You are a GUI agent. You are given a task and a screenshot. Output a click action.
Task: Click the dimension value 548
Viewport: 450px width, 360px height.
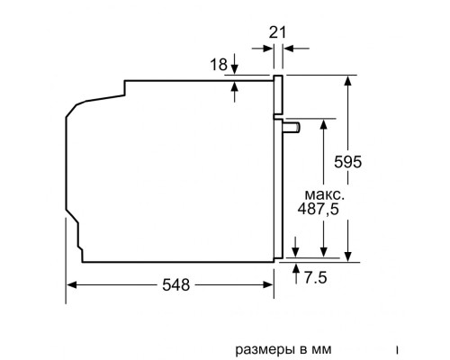[175, 284]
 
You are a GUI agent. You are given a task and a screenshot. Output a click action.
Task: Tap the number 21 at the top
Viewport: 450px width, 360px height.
[279, 32]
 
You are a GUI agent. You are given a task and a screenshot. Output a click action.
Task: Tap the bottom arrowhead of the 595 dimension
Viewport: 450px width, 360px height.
[348, 256]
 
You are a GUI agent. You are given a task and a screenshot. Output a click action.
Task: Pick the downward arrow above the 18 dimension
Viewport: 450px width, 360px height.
[234, 70]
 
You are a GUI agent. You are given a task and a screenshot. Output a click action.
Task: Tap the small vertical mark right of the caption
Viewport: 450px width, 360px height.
[396, 346]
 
